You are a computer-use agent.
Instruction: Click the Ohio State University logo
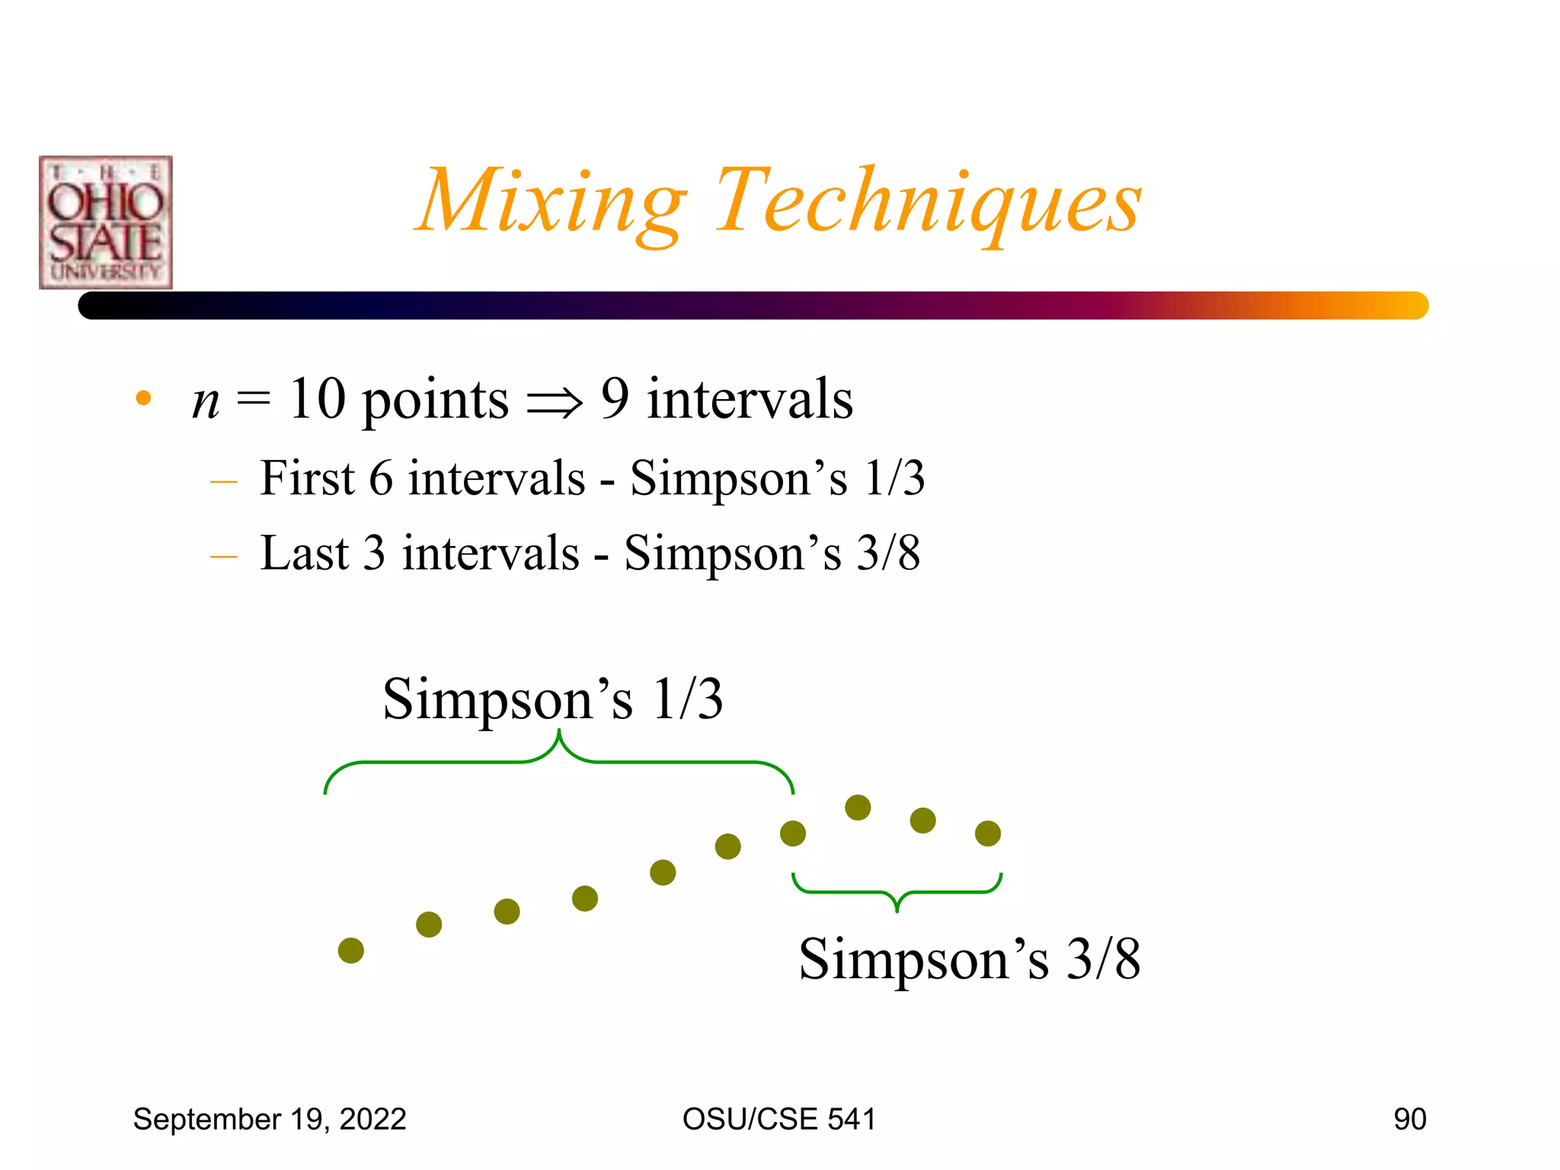pyautogui.click(x=106, y=222)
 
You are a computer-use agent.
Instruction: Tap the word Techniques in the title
pyautogui.click(x=928, y=202)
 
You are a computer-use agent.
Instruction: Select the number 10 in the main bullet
pyautogui.click(x=317, y=399)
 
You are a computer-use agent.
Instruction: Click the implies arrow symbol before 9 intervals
pyautogui.click(x=555, y=402)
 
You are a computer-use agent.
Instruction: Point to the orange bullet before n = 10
pyautogui.click(x=143, y=398)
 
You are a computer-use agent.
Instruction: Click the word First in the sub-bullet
pyautogui.click(x=307, y=478)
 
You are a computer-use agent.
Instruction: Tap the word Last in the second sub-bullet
pyautogui.click(x=304, y=553)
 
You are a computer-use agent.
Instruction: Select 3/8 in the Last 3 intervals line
pyautogui.click(x=888, y=553)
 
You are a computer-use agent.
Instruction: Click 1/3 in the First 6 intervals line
pyautogui.click(x=894, y=478)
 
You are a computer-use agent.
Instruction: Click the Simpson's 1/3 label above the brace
pyautogui.click(x=552, y=698)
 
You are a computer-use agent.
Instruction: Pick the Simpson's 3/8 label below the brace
pyautogui.click(x=969, y=959)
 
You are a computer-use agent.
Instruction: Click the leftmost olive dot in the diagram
pyautogui.click(x=351, y=951)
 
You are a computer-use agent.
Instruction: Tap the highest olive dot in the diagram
pyautogui.click(x=858, y=807)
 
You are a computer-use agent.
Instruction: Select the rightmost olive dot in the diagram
pyautogui.click(x=988, y=833)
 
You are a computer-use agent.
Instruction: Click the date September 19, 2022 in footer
pyautogui.click(x=270, y=1120)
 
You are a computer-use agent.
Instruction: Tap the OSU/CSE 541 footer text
pyautogui.click(x=778, y=1120)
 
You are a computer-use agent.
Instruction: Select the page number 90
pyautogui.click(x=1409, y=1120)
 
